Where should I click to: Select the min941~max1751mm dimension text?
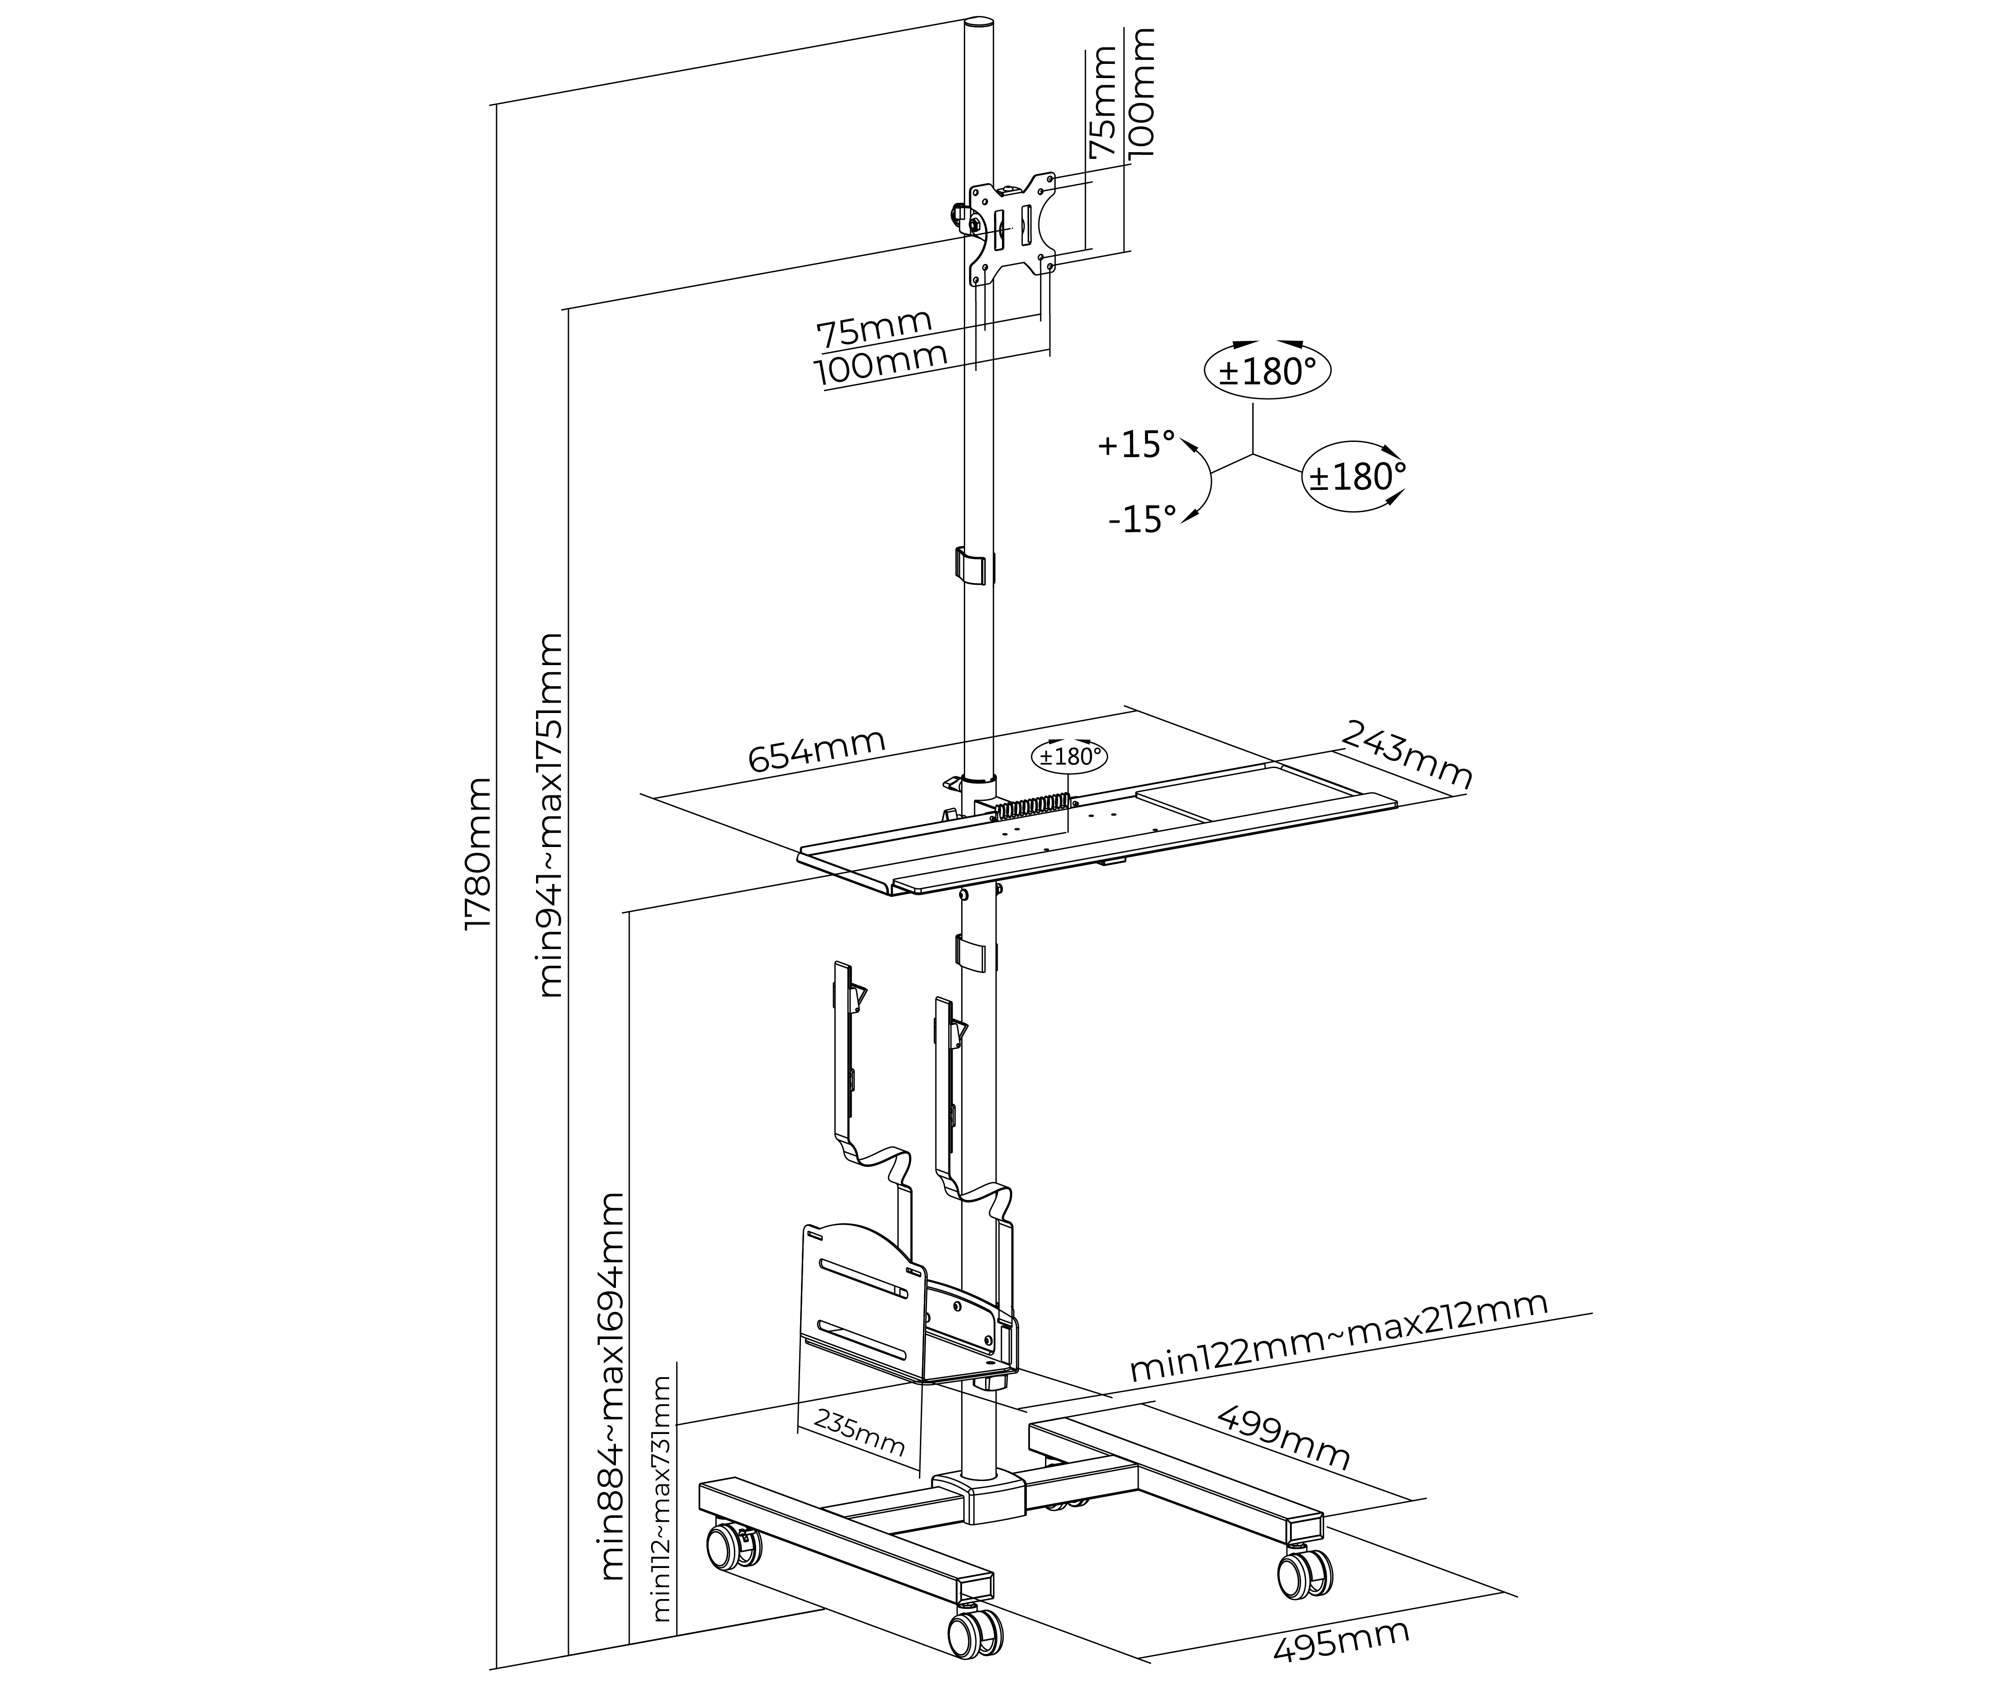click(550, 814)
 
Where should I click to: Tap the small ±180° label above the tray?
click(1069, 756)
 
